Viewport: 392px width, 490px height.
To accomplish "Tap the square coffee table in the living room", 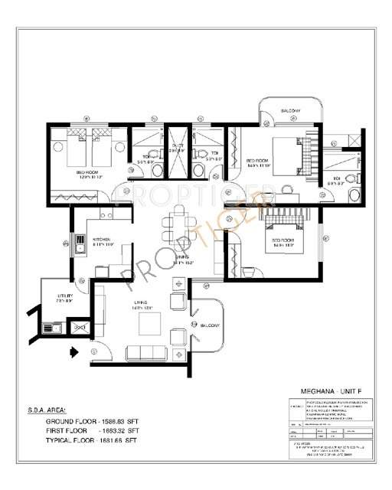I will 149,325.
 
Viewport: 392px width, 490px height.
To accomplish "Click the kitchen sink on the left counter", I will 80,243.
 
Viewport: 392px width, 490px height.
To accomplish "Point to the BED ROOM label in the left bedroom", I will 87,172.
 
